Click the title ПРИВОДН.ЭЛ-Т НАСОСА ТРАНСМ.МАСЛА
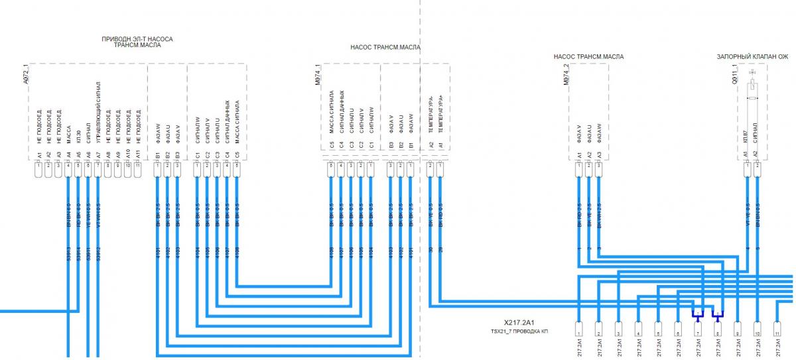pos(137,43)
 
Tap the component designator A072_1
pos(26,75)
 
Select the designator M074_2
pos(566,75)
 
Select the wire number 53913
pos(69,254)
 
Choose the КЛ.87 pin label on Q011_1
pos(747,137)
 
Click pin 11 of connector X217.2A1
pos(777,326)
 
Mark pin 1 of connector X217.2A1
pos(579,326)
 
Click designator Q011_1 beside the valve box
pos(734,75)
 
